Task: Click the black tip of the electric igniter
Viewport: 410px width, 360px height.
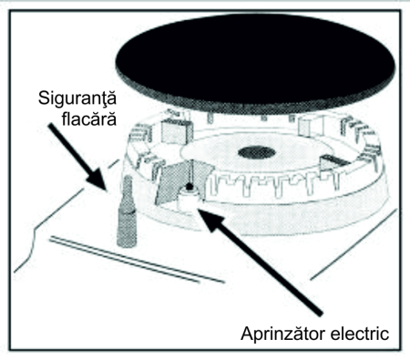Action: coord(189,189)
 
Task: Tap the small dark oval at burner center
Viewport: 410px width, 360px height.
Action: coord(257,151)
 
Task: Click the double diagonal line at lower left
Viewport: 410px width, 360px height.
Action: coord(137,260)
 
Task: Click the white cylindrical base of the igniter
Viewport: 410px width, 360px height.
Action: coord(190,206)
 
